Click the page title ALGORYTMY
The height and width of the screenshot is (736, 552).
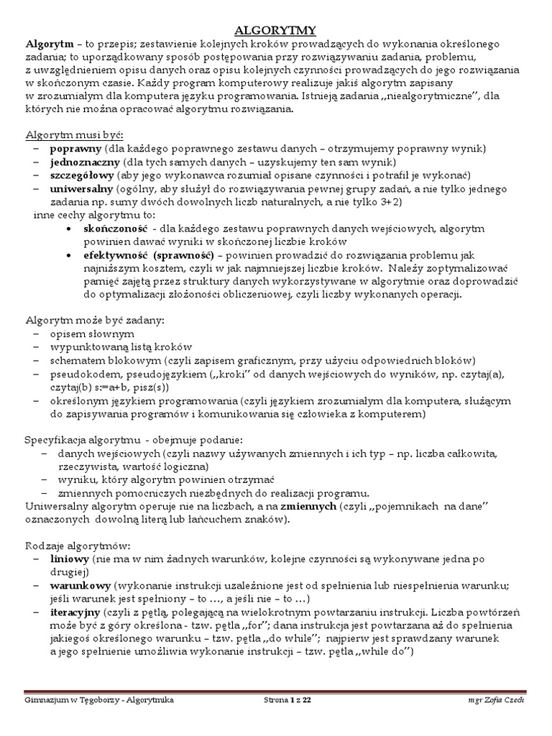point(277,29)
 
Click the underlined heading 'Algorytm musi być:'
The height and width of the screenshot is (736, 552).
point(75,134)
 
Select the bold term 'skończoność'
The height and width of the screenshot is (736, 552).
point(117,229)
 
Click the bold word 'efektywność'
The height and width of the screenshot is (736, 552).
point(116,255)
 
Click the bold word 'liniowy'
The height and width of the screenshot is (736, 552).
point(70,558)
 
